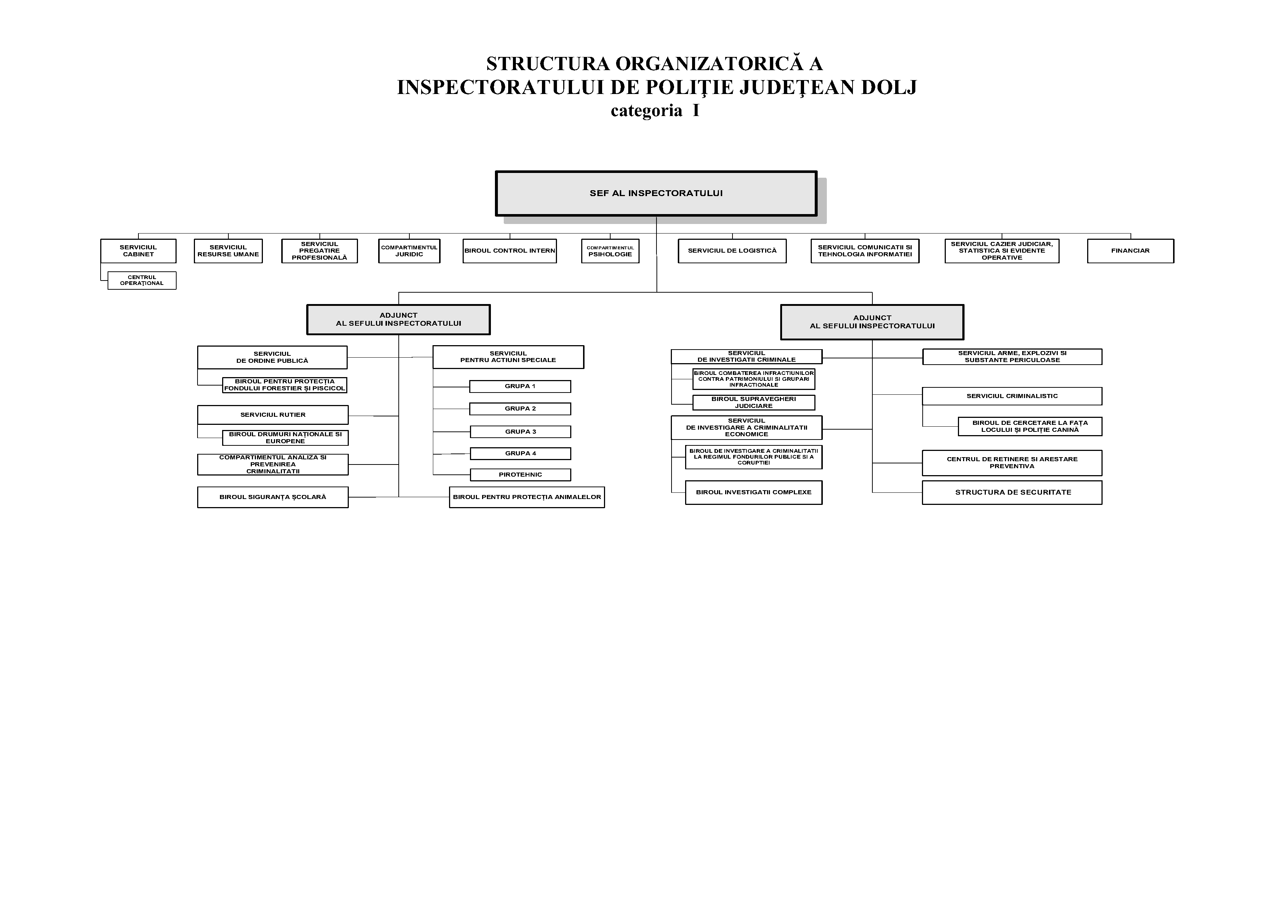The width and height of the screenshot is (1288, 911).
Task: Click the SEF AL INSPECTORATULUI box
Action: (x=656, y=194)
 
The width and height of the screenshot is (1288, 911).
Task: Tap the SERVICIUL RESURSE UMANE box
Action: (x=228, y=251)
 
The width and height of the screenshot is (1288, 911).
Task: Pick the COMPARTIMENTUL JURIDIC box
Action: (x=409, y=251)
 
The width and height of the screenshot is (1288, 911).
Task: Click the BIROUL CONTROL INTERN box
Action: (x=509, y=251)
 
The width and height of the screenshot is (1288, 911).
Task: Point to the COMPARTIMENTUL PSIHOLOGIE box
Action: (x=610, y=251)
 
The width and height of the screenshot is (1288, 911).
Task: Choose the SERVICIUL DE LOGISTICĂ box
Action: (x=732, y=251)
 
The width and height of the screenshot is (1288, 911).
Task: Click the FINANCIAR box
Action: (x=1130, y=251)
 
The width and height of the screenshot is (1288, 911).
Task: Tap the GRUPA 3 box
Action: (x=520, y=432)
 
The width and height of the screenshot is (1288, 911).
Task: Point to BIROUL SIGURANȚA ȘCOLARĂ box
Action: (x=273, y=497)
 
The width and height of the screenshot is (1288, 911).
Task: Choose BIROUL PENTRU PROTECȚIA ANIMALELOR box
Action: (x=527, y=497)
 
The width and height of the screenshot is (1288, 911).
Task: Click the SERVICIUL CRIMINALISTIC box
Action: (x=1012, y=396)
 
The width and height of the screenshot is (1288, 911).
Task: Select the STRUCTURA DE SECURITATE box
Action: (x=1012, y=492)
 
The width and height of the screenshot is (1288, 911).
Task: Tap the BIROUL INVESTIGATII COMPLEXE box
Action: (x=753, y=492)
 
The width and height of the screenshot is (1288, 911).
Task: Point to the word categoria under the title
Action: (x=646, y=111)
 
